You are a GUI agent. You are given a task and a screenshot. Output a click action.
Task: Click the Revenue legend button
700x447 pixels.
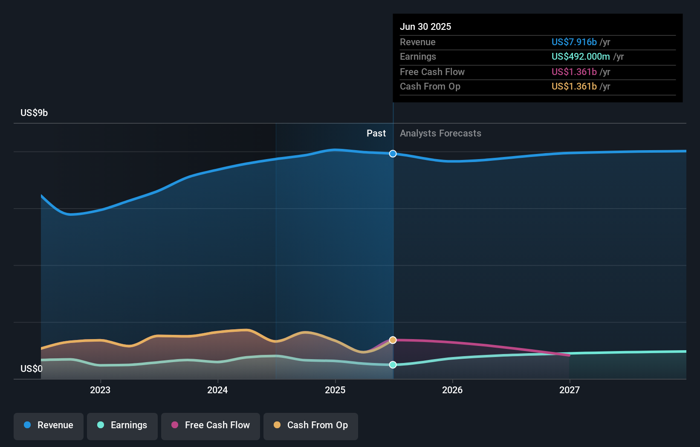pos(49,425)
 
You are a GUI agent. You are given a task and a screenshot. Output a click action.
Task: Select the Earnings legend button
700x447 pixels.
pos(122,425)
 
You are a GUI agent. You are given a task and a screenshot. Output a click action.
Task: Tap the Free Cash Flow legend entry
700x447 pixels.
pos(211,425)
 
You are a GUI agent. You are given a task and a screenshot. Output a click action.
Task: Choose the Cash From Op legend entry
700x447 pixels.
pos(311,425)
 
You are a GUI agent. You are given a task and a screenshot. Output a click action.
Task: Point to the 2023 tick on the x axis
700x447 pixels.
pos(100,390)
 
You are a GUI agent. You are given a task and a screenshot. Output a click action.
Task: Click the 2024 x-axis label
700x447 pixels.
pos(217,390)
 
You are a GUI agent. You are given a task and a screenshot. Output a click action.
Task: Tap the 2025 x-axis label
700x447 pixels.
pos(335,390)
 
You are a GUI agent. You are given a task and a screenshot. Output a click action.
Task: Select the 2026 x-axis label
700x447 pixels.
pos(452,390)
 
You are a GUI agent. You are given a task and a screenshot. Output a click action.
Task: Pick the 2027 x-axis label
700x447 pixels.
pos(570,390)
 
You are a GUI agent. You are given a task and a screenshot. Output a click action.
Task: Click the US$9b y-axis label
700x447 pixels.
pos(34,113)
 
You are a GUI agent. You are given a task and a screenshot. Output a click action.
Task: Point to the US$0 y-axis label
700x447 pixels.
pos(32,369)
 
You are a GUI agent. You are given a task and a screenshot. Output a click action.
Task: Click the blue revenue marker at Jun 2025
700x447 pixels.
pos(393,154)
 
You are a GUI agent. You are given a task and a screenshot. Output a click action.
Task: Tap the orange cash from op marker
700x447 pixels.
pos(393,340)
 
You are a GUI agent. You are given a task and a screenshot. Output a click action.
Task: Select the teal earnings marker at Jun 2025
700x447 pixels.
pos(393,365)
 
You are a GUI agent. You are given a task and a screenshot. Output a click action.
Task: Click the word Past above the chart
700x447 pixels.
pos(376,134)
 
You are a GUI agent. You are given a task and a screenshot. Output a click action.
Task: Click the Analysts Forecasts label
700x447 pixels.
pos(440,134)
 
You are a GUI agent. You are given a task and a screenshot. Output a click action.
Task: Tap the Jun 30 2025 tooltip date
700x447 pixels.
pos(425,27)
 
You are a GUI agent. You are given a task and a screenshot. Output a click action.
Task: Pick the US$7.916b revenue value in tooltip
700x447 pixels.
pos(574,42)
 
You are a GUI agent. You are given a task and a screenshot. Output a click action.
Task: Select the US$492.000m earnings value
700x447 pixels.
pos(581,57)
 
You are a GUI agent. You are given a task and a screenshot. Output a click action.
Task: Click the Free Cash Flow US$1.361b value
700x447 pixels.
pos(574,72)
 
